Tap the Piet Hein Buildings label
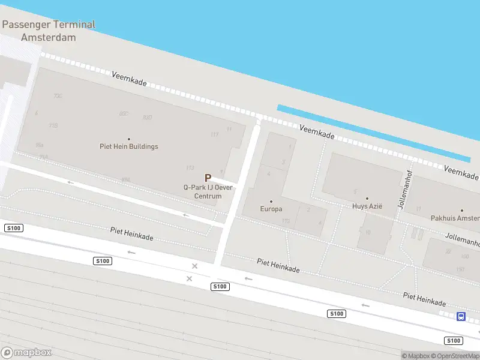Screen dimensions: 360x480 click(x=129, y=146)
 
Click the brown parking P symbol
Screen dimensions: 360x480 click(x=208, y=178)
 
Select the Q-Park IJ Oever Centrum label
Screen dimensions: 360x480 click(x=208, y=191)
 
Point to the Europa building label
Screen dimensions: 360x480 click(x=271, y=209)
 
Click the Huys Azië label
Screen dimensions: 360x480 click(x=367, y=206)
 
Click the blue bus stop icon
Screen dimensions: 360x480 click(x=461, y=316)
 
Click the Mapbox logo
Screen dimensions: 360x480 click(x=26, y=352)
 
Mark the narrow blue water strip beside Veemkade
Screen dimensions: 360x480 click(x=372, y=133)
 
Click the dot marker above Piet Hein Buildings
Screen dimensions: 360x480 click(x=129, y=139)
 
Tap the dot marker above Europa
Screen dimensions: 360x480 click(x=271, y=202)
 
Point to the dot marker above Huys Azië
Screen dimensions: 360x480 click(x=367, y=198)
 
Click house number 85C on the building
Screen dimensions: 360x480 click(x=124, y=113)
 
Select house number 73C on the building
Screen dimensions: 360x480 click(x=58, y=96)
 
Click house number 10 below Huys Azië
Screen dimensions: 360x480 click(x=368, y=232)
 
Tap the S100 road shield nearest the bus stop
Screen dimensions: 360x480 click(x=453, y=341)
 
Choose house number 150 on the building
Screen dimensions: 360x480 click(x=460, y=269)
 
